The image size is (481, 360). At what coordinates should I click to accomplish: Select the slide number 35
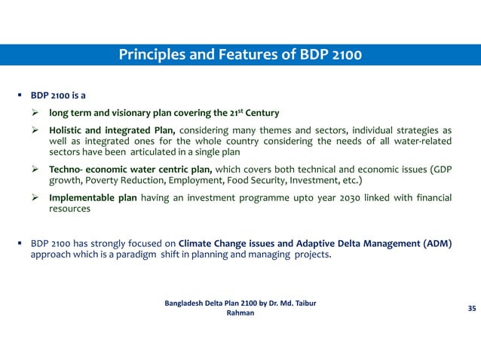[472, 309]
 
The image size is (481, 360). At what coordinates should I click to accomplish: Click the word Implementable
[81, 198]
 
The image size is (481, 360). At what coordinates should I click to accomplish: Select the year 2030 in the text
[339, 198]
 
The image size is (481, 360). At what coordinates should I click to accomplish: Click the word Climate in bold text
[198, 244]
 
